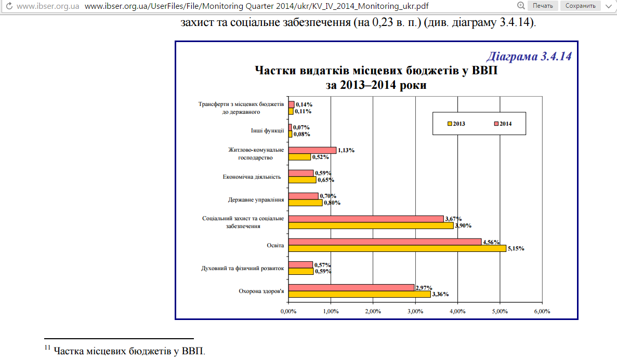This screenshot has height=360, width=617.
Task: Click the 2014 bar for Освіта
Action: (x=385, y=242)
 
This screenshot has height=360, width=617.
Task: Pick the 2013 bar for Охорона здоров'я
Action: (x=359, y=294)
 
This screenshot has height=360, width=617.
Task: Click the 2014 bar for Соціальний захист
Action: (x=366, y=219)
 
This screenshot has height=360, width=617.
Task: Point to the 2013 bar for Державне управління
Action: (x=305, y=203)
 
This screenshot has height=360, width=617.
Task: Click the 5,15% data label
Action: (x=516, y=249)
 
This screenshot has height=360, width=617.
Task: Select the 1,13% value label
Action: (x=346, y=150)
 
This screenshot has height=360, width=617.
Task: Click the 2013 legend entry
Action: (x=456, y=124)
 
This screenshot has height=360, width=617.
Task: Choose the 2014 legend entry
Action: (x=503, y=124)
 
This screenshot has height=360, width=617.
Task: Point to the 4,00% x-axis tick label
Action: (x=457, y=311)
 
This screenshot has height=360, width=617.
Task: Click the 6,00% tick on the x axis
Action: (x=542, y=311)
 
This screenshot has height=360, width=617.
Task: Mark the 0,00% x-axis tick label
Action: (x=288, y=311)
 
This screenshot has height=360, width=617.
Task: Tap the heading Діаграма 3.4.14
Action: (x=529, y=57)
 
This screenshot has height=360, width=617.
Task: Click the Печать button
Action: (x=543, y=6)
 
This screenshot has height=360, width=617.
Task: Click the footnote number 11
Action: (x=47, y=348)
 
